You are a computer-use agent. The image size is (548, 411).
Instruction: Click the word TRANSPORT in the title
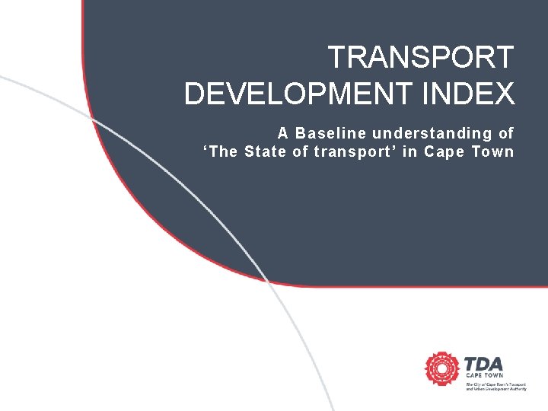click(x=421, y=57)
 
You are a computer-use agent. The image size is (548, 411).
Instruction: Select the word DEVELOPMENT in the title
click(x=294, y=94)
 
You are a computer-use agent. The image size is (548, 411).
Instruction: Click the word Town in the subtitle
click(x=494, y=151)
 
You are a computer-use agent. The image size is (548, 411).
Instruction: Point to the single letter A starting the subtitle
click(x=282, y=133)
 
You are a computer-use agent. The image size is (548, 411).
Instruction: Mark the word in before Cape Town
click(x=409, y=151)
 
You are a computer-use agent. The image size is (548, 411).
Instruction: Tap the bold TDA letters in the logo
click(x=483, y=363)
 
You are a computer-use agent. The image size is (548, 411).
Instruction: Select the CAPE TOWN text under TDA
click(x=483, y=376)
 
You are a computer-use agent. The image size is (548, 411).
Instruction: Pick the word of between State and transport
click(x=301, y=151)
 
